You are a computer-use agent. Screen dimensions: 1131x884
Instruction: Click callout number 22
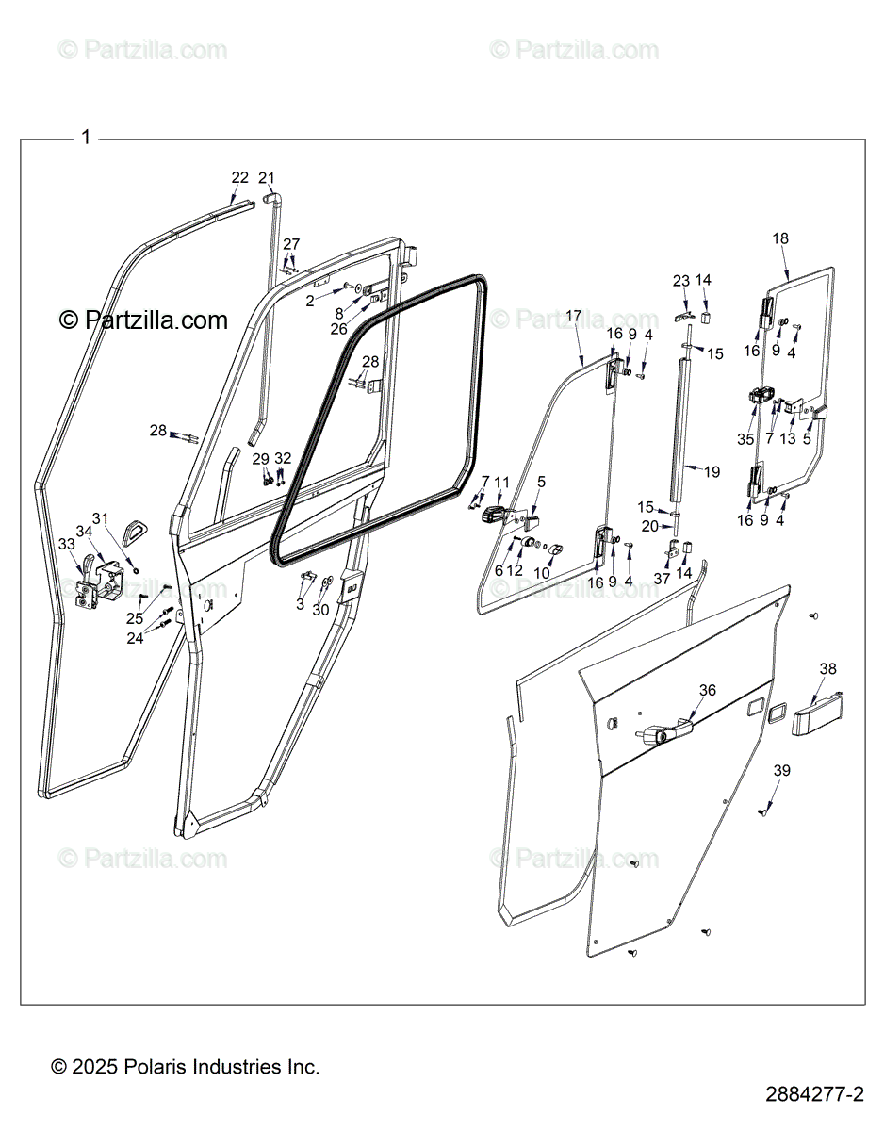(x=239, y=177)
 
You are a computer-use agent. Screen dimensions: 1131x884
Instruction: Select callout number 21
(x=267, y=177)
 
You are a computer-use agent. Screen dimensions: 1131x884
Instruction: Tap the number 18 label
(x=780, y=238)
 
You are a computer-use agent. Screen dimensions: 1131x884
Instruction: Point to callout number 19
(x=712, y=471)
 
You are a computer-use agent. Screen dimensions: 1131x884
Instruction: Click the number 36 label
(x=707, y=690)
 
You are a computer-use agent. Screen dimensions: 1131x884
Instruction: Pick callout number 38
(x=827, y=669)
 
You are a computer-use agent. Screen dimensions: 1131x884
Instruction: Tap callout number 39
(x=781, y=770)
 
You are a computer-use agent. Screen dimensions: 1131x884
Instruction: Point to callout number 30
(x=321, y=610)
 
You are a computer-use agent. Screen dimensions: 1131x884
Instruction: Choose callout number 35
(x=745, y=439)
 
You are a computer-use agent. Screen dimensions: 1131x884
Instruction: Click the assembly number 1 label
(x=86, y=138)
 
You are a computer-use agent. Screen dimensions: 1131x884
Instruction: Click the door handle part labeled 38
(x=816, y=715)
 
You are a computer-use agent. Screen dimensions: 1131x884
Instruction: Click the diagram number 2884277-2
(x=814, y=1095)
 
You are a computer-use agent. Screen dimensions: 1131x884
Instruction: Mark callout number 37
(x=662, y=579)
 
